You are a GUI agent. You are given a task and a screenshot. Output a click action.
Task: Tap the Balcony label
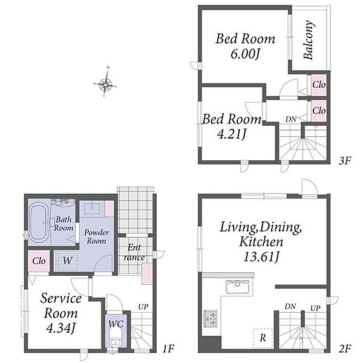309,40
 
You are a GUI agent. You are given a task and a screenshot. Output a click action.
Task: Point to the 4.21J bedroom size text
232,134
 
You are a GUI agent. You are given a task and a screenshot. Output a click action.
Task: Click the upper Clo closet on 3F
319,85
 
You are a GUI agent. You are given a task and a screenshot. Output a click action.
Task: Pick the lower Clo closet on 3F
319,111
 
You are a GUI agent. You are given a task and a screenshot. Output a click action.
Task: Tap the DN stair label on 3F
291,119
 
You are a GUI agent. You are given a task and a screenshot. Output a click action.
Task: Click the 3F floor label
345,160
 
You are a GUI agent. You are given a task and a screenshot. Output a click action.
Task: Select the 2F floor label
345,348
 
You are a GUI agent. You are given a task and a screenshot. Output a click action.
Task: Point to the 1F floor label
168,348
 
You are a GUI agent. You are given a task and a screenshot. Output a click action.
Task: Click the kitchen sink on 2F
238,287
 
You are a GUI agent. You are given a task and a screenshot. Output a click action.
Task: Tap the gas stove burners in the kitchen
210,319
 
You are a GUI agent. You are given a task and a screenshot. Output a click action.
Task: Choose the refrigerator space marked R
263,338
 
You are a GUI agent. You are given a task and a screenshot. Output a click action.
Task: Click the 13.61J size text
261,257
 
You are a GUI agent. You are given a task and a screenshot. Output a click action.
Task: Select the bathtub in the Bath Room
38,222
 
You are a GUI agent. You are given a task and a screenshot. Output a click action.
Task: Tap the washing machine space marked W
67,261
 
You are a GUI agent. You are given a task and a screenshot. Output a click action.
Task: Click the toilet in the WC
115,338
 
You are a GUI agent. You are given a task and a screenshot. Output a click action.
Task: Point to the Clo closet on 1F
39,261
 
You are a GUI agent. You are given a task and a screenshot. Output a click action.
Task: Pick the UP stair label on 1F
143,307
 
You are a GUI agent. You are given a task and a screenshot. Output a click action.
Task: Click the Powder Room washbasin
92,208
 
